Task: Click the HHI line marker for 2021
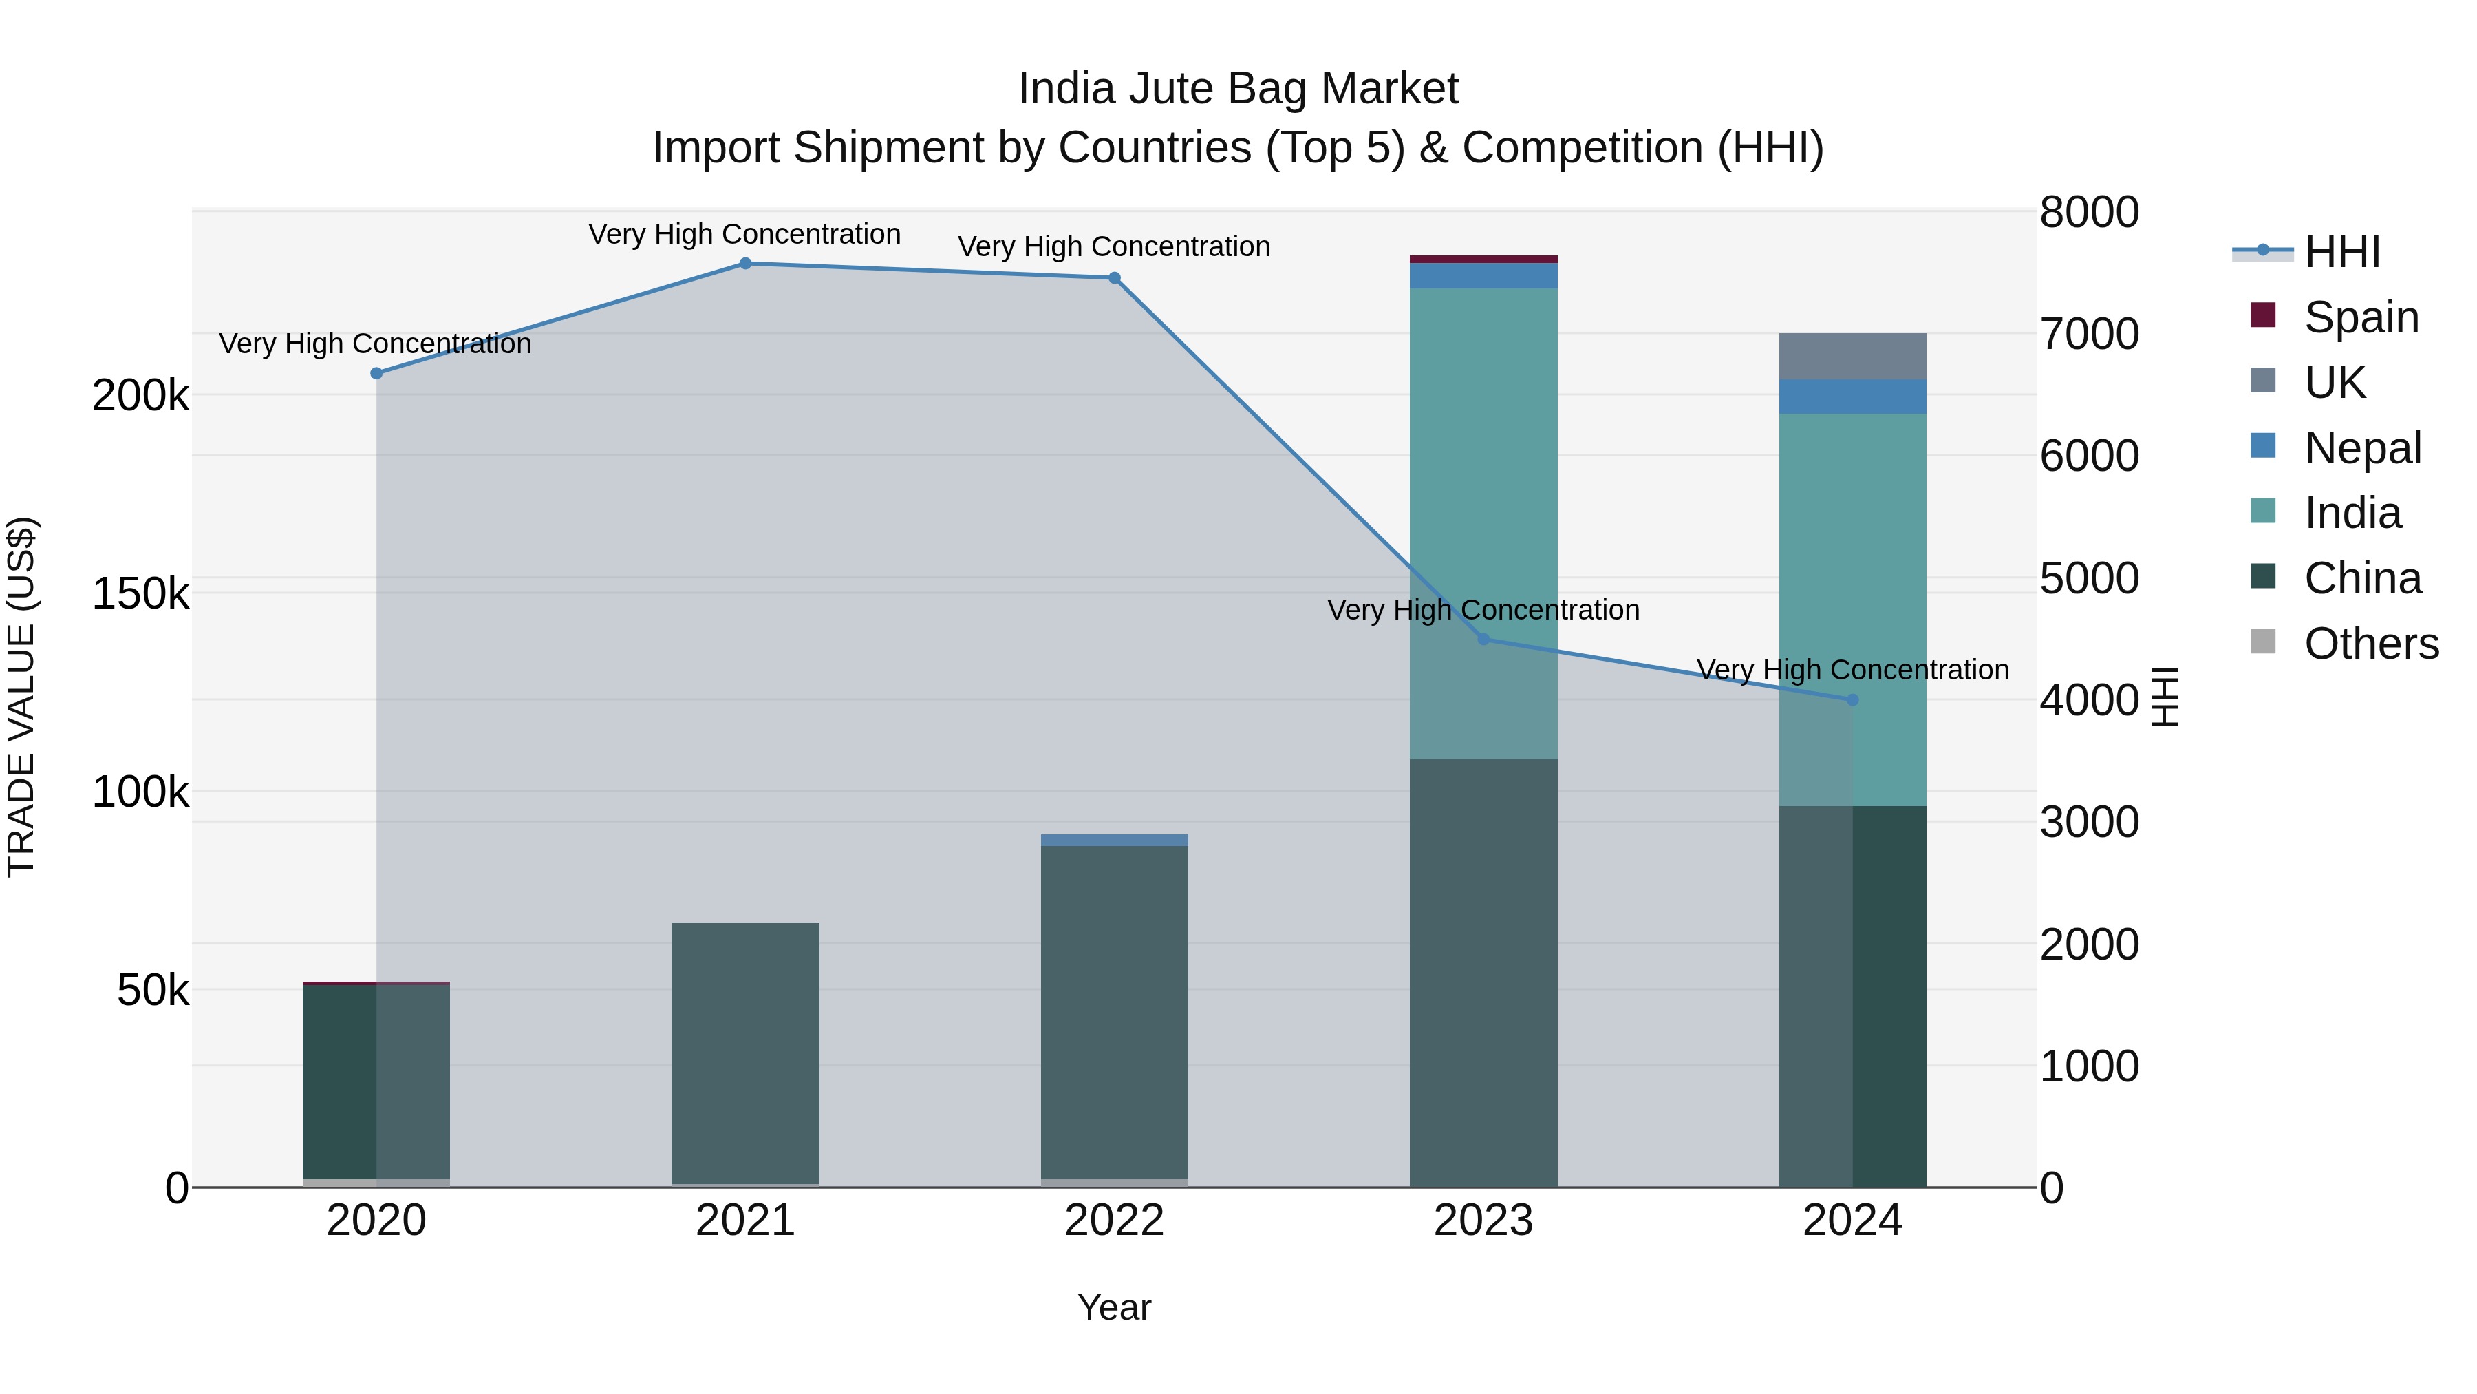click(745, 264)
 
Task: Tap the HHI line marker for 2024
click(1852, 699)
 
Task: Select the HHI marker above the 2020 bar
click(376, 373)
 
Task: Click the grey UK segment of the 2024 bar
click(1852, 357)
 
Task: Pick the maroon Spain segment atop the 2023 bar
click(1483, 259)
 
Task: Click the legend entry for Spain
click(2361, 317)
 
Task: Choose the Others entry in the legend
click(2370, 644)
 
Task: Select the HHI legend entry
click(2341, 252)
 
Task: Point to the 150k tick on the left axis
click(140, 593)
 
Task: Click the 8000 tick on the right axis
click(2088, 213)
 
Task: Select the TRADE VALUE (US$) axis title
click(21, 697)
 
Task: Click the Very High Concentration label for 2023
click(1483, 610)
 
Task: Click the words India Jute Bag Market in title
click(1238, 89)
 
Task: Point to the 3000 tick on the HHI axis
click(2088, 823)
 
